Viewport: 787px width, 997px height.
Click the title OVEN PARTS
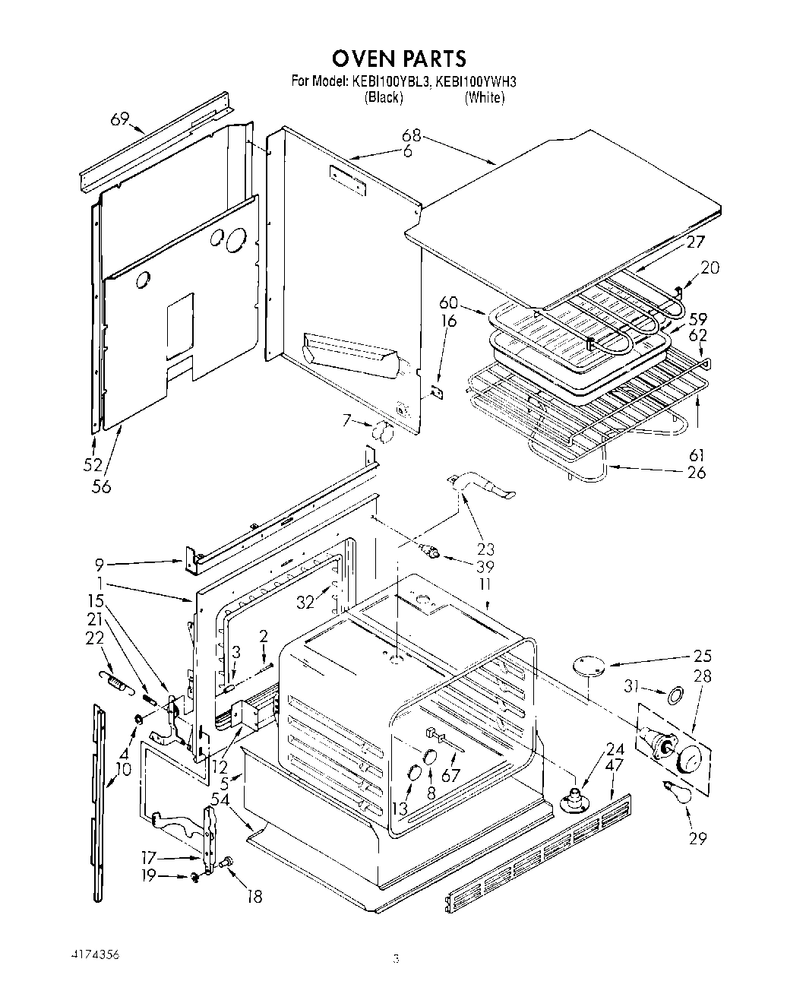click(x=398, y=58)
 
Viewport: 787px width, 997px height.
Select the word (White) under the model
click(x=484, y=97)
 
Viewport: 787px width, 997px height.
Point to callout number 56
click(x=100, y=486)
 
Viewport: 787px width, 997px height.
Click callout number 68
click(x=411, y=136)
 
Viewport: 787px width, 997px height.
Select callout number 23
click(x=485, y=549)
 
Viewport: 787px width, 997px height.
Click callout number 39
click(x=485, y=567)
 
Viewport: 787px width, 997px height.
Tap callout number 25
click(x=701, y=655)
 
